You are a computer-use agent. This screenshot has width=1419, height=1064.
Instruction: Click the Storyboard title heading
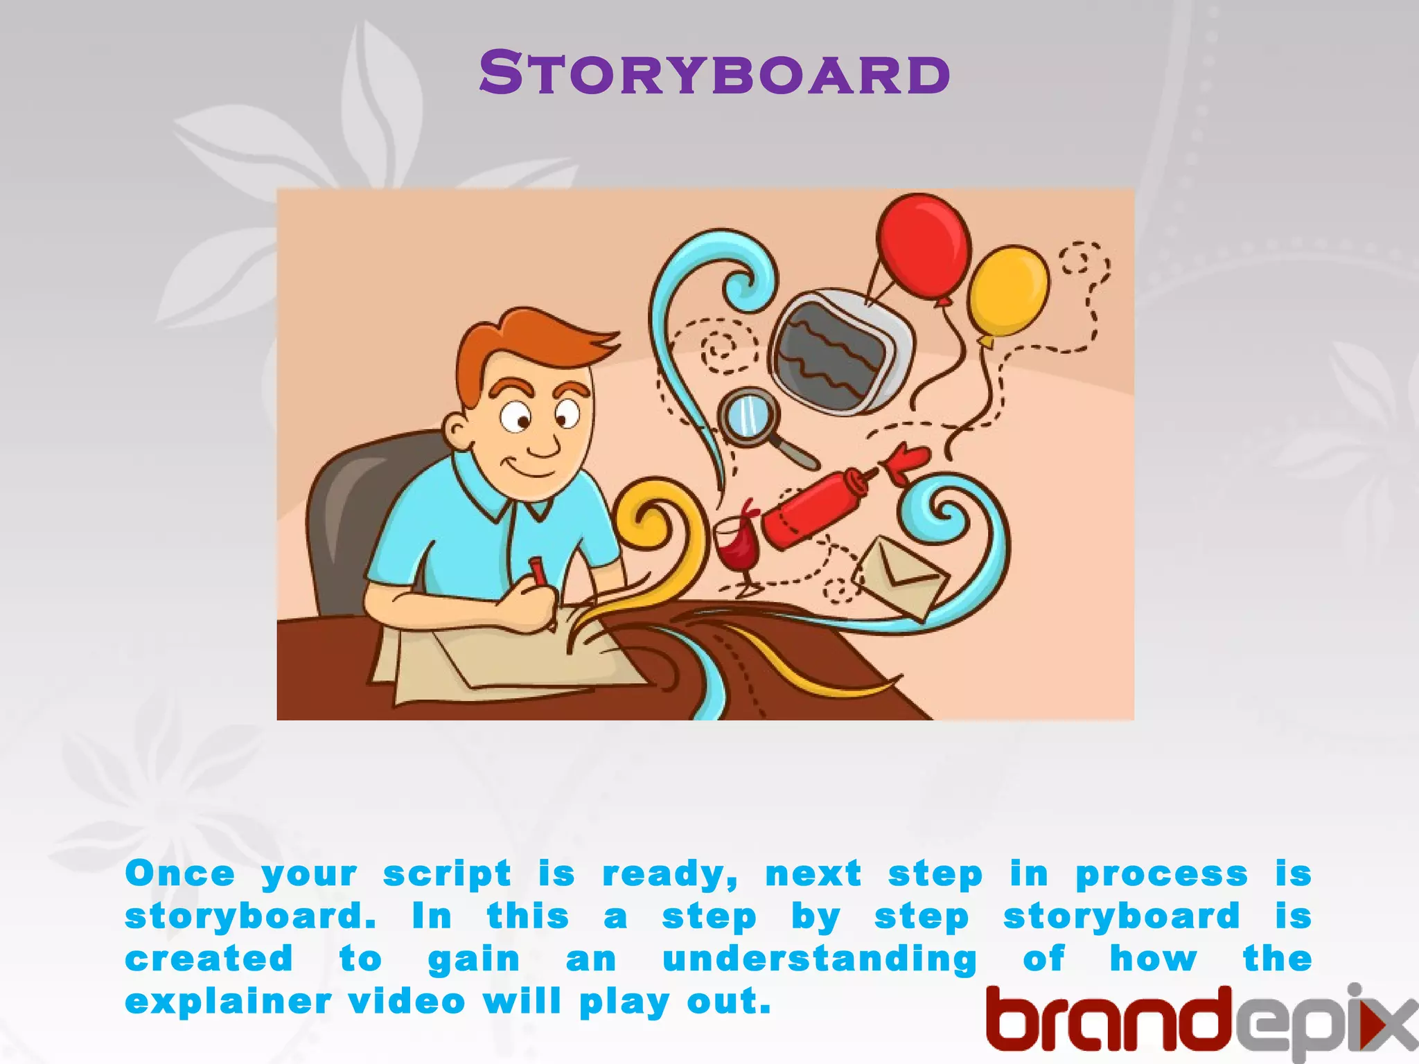pos(714,73)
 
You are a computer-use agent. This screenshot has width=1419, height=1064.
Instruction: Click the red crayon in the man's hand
pos(537,571)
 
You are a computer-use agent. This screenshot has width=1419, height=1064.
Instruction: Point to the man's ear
pos(457,431)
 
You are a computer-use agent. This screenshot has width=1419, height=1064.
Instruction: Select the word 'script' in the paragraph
pos(447,874)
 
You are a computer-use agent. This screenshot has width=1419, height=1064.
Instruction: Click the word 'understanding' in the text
pos(819,960)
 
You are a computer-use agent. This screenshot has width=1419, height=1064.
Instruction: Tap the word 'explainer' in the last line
pos(227,1003)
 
